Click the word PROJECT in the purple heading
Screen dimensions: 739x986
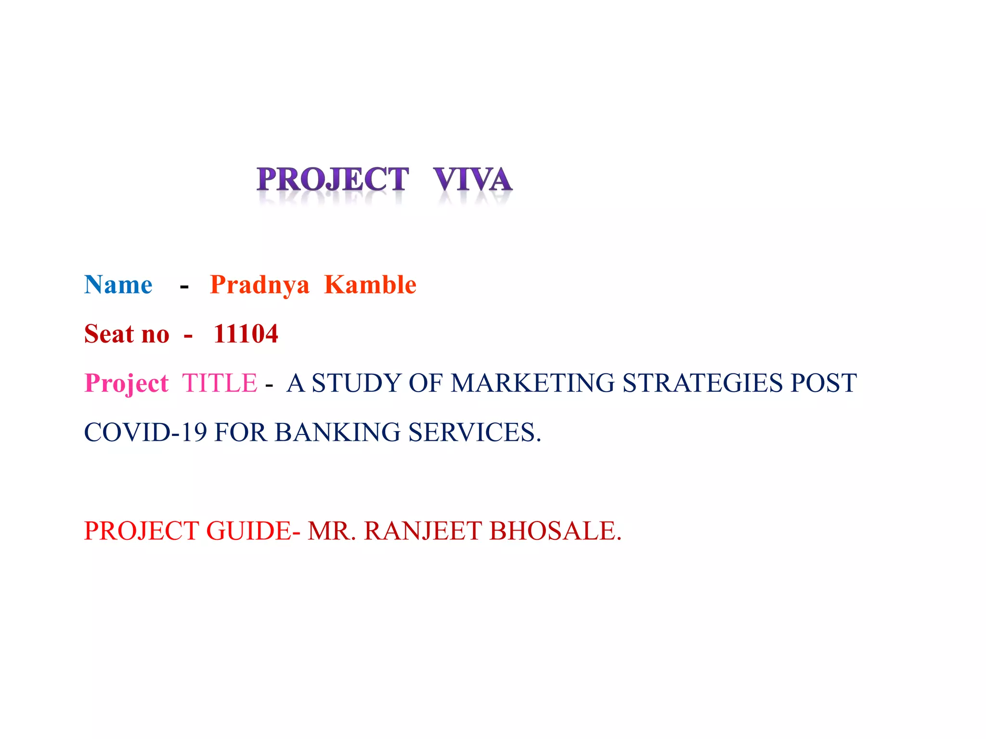click(x=333, y=179)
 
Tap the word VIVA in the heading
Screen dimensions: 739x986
click(x=472, y=179)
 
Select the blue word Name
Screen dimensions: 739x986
click(x=118, y=285)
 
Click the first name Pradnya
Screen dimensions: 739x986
click(x=259, y=285)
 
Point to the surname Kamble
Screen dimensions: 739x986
click(x=370, y=285)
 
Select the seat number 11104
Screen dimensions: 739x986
click(x=246, y=334)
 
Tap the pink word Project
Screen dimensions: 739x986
click(x=127, y=383)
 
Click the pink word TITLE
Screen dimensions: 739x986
click(x=220, y=383)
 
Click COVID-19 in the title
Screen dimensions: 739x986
click(x=145, y=433)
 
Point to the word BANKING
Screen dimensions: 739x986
click(x=337, y=433)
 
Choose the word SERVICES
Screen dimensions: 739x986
click(x=475, y=433)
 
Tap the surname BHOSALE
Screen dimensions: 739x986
click(x=555, y=531)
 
